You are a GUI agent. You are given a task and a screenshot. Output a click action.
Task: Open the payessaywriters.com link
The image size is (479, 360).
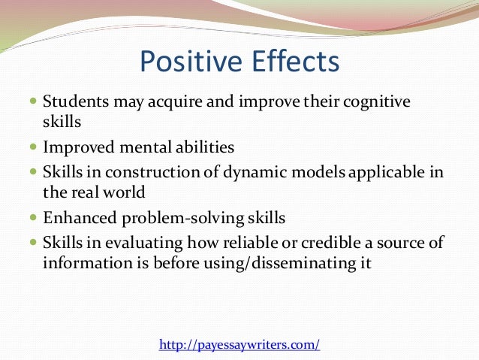pyautogui.click(x=239, y=345)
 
